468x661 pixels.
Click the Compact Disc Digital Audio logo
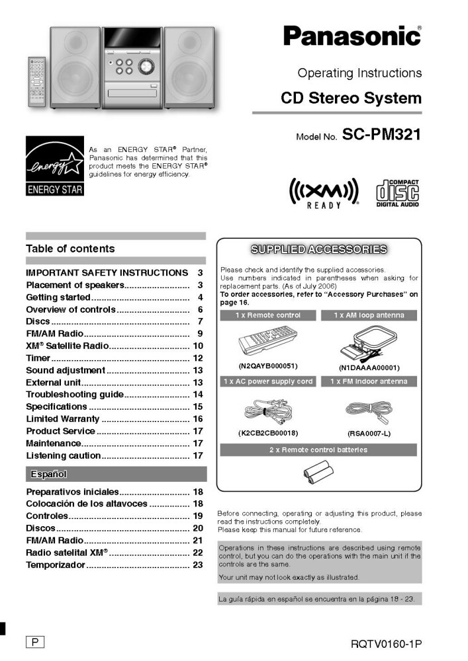point(397,193)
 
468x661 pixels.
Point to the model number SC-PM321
point(381,136)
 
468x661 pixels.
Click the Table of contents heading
point(70,249)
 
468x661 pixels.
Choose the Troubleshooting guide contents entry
point(75,395)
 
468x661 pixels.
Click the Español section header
point(49,474)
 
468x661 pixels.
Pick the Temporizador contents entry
point(56,565)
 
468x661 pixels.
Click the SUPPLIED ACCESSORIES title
point(319,249)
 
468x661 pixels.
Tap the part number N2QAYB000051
point(268,366)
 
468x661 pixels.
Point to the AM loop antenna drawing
point(368,344)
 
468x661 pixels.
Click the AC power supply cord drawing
point(267,412)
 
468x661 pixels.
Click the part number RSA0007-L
point(369,433)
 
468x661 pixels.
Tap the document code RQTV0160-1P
point(387,643)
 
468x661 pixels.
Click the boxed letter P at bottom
point(34,641)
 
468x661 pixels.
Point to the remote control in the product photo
point(37,82)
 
